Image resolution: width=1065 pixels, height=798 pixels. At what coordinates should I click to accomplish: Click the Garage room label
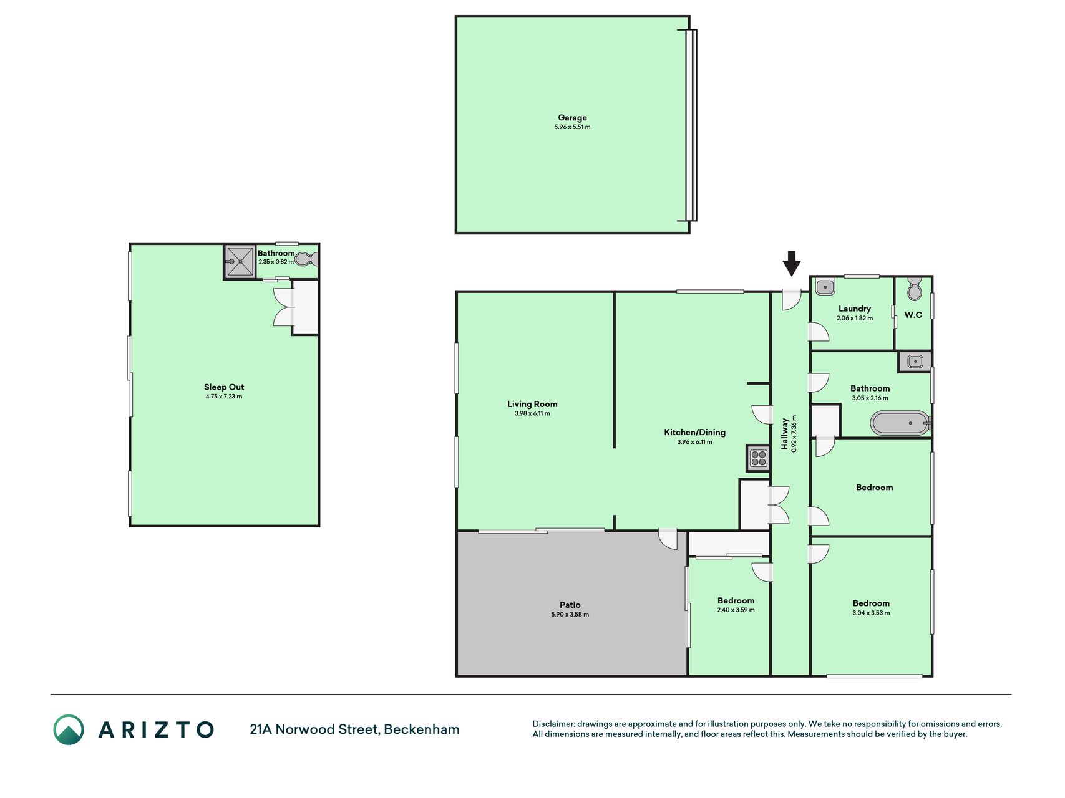tap(572, 117)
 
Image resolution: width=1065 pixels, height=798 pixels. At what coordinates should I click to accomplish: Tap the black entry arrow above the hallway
tap(791, 263)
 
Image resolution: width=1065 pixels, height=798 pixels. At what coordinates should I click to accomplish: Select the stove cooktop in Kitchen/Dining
tap(759, 459)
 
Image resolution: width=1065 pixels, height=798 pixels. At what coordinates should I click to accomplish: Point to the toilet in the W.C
tap(914, 289)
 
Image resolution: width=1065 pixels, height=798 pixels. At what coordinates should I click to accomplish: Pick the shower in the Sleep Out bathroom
tap(240, 261)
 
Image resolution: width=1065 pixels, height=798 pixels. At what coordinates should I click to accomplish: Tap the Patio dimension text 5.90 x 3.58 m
tap(570, 615)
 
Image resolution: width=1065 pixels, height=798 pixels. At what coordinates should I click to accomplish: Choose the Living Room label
tap(532, 404)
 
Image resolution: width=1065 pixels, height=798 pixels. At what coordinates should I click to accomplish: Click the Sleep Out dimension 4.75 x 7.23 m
tap(224, 397)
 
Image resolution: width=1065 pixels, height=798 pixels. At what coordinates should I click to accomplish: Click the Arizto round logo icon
tap(69, 729)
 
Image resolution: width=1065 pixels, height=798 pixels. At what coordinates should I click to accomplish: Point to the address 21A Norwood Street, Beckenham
tap(354, 729)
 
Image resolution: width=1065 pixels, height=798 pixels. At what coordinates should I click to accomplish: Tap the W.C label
tap(913, 315)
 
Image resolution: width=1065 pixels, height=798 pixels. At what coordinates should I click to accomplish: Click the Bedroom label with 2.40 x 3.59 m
tap(736, 601)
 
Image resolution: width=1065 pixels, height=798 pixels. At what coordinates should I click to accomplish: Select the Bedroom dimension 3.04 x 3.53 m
tap(871, 613)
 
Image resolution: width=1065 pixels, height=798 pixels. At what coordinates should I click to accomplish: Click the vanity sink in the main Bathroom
tap(915, 361)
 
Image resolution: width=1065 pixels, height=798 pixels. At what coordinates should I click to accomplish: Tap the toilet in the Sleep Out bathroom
tap(306, 259)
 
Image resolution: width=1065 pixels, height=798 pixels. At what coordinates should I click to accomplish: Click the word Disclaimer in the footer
tap(553, 724)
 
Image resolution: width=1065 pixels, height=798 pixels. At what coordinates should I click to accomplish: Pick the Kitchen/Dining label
tap(694, 432)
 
